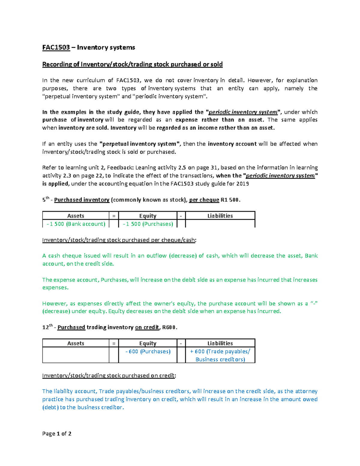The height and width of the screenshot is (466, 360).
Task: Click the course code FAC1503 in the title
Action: [56, 47]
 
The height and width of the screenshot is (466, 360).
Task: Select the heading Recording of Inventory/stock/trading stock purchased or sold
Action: [132, 64]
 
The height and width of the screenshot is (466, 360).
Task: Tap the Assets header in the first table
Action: [76, 216]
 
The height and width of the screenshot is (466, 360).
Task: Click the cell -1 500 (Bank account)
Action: [76, 224]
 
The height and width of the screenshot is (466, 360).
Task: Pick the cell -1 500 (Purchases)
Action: [148, 224]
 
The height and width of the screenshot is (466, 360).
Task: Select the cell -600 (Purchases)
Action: [148, 351]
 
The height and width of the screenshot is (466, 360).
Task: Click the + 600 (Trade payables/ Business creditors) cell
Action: [220, 355]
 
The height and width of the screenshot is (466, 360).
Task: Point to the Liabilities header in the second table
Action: [220, 343]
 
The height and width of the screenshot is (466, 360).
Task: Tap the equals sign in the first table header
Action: [114, 216]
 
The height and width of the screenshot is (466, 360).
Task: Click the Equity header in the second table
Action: [148, 343]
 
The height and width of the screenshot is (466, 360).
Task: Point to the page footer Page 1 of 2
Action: [57, 434]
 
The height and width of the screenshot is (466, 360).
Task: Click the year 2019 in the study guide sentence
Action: [242, 184]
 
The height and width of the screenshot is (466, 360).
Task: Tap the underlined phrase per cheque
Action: [204, 200]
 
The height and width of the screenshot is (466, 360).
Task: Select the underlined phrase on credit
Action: [147, 327]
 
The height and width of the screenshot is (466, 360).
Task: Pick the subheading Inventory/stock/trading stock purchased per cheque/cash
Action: [119, 240]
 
